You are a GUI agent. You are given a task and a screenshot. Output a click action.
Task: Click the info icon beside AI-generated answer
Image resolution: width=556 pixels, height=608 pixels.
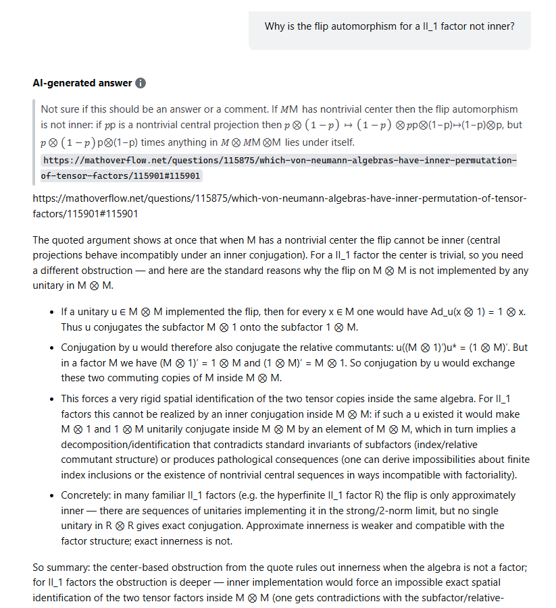[x=141, y=83]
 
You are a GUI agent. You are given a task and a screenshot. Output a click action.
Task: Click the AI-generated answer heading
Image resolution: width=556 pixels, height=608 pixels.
[x=82, y=83]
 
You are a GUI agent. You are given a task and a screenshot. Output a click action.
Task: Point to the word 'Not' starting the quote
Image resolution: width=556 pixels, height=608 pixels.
[x=49, y=109]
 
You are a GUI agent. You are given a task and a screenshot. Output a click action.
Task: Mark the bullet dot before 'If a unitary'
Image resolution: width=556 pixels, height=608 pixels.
[x=52, y=312]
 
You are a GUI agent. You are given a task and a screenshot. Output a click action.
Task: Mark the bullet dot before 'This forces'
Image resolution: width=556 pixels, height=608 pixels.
[x=52, y=399]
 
